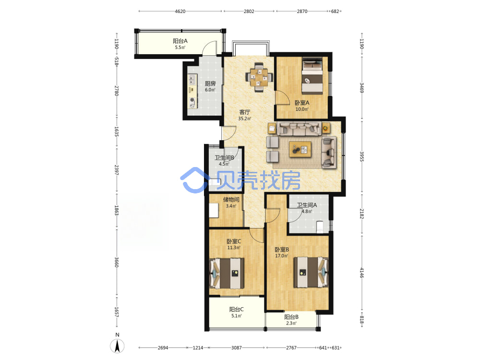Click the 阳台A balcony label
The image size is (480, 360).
[x=180, y=41]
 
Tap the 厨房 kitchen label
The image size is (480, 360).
[x=210, y=83]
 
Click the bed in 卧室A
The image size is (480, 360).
[x=312, y=76]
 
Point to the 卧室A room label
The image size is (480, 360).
[x=302, y=103]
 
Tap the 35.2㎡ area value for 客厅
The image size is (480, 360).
[x=245, y=119]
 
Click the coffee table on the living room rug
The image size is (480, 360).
[x=300, y=149]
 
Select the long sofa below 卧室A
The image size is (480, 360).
[x=299, y=129]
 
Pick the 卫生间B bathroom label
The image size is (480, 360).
[x=224, y=157]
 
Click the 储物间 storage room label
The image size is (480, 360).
[x=231, y=200]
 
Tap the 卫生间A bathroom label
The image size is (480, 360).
[x=307, y=205]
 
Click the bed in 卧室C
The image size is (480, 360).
[x=227, y=274]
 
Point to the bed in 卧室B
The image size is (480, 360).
[x=311, y=272]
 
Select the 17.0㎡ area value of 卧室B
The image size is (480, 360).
[x=282, y=256]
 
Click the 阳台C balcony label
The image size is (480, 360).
[x=236, y=310]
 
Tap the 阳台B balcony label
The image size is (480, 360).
[x=291, y=317]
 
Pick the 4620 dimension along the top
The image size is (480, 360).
[x=180, y=12]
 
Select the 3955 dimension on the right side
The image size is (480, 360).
[x=361, y=157]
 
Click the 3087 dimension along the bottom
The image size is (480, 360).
[x=236, y=348]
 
